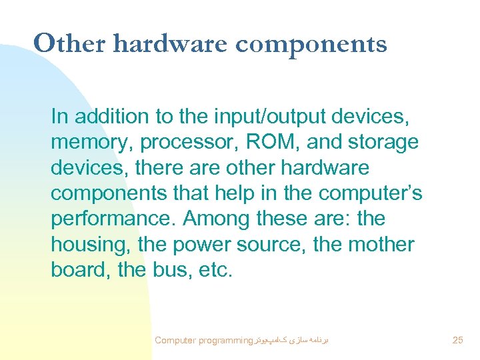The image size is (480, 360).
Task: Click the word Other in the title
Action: (69, 44)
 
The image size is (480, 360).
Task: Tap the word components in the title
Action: (311, 45)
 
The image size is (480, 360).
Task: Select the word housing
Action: (89, 245)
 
